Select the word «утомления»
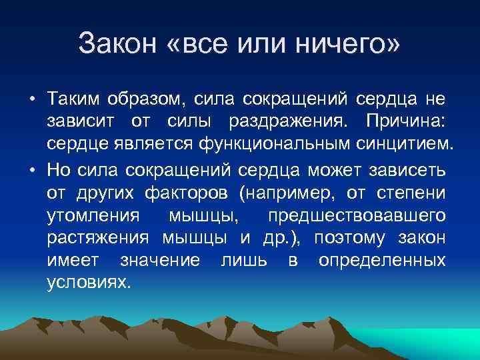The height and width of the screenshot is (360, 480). tap(93, 217)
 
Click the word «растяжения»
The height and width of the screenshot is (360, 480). tap(100, 239)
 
